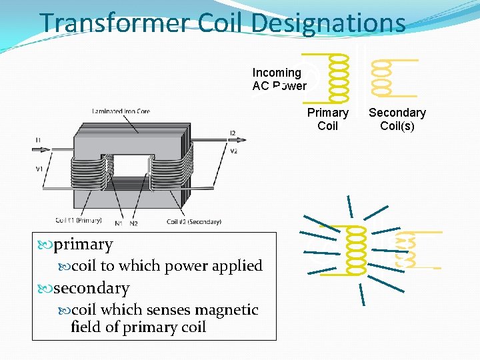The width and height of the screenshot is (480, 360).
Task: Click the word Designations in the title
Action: [x=328, y=23]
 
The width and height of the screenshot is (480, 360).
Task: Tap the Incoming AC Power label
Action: [x=279, y=79]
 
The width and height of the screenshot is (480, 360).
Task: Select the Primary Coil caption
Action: [x=327, y=119]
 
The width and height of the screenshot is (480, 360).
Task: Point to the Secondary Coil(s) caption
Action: [x=397, y=119]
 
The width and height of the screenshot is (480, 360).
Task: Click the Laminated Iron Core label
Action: [x=121, y=111]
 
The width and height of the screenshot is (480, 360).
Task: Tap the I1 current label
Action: [x=38, y=139]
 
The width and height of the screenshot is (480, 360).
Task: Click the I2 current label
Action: [x=232, y=133]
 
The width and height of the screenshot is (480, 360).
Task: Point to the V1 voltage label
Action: [x=39, y=169]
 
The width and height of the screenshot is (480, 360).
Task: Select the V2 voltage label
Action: [x=233, y=151]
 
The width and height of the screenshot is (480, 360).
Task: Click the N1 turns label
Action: [x=118, y=223]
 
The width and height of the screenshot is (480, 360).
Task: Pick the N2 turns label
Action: [x=133, y=223]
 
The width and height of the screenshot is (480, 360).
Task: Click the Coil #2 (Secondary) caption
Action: [x=193, y=221]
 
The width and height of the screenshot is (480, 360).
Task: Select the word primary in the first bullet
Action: [x=83, y=245]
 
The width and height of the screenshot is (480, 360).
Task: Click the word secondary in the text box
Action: [x=91, y=288]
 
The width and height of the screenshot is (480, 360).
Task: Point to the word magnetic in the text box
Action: [x=226, y=310]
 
